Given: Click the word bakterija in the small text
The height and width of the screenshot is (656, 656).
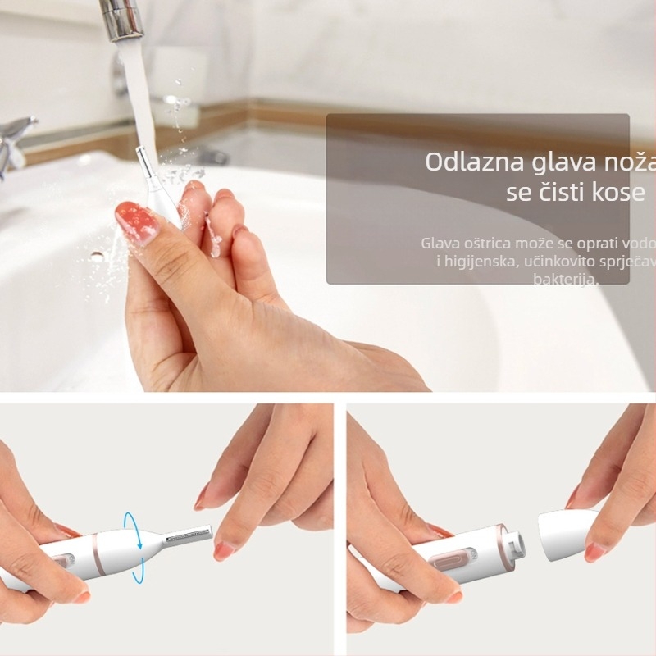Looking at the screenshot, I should [x=566, y=280].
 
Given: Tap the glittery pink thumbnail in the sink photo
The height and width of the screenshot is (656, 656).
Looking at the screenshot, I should [x=136, y=223].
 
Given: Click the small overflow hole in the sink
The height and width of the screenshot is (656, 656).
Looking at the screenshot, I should [x=98, y=256].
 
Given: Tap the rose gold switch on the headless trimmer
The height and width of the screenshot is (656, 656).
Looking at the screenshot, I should [x=449, y=565].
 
